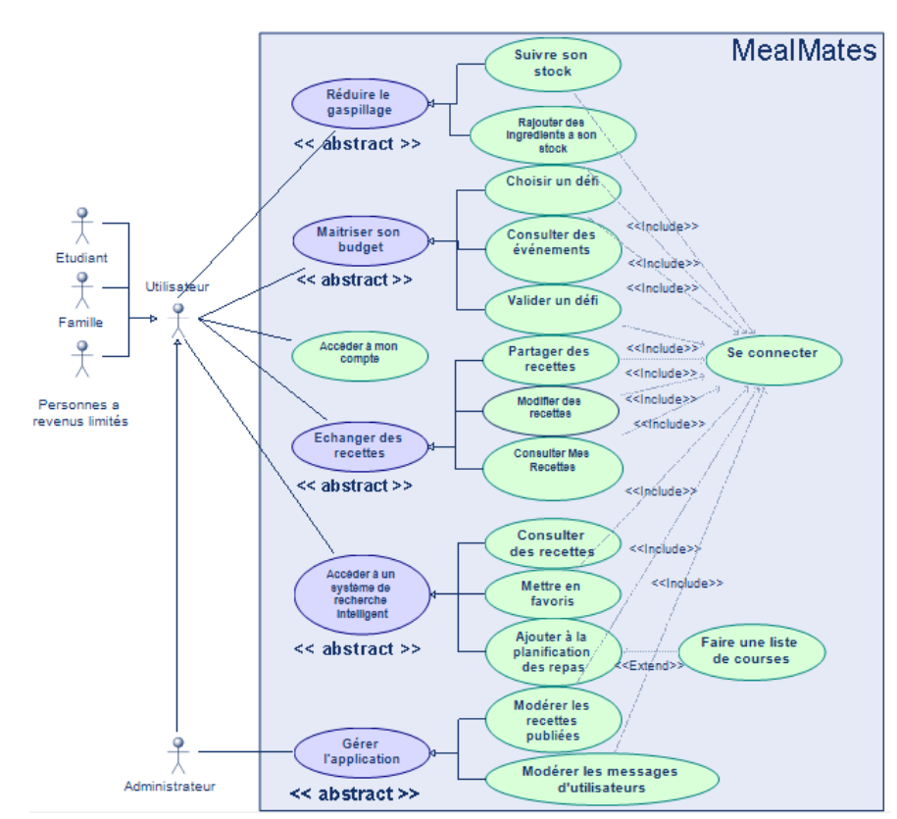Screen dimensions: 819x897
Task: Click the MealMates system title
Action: [x=804, y=51]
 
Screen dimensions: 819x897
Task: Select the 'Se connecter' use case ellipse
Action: [x=772, y=354]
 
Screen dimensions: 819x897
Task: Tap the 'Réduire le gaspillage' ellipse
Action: [x=360, y=103]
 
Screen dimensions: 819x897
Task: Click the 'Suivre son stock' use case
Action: [x=552, y=63]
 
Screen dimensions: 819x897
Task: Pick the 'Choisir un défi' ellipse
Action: [x=552, y=182]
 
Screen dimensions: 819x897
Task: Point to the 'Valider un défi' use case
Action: [x=552, y=301]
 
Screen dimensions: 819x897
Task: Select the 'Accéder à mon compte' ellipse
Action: [x=360, y=353]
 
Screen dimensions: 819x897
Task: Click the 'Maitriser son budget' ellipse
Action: [x=360, y=240]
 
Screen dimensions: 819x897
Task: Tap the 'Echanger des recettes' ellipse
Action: [x=360, y=446]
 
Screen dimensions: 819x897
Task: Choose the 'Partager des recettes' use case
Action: [x=550, y=359]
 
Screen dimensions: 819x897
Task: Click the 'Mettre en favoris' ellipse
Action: [x=553, y=594]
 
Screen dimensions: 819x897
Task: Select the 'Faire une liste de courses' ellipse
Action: [x=750, y=651]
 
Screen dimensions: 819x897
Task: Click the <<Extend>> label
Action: [x=649, y=666]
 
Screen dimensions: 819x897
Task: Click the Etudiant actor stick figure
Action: [x=82, y=225]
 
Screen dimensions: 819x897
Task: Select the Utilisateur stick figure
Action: [x=177, y=320]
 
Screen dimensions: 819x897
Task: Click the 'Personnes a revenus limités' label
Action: [x=82, y=413]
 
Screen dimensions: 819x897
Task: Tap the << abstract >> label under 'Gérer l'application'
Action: [x=354, y=793]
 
